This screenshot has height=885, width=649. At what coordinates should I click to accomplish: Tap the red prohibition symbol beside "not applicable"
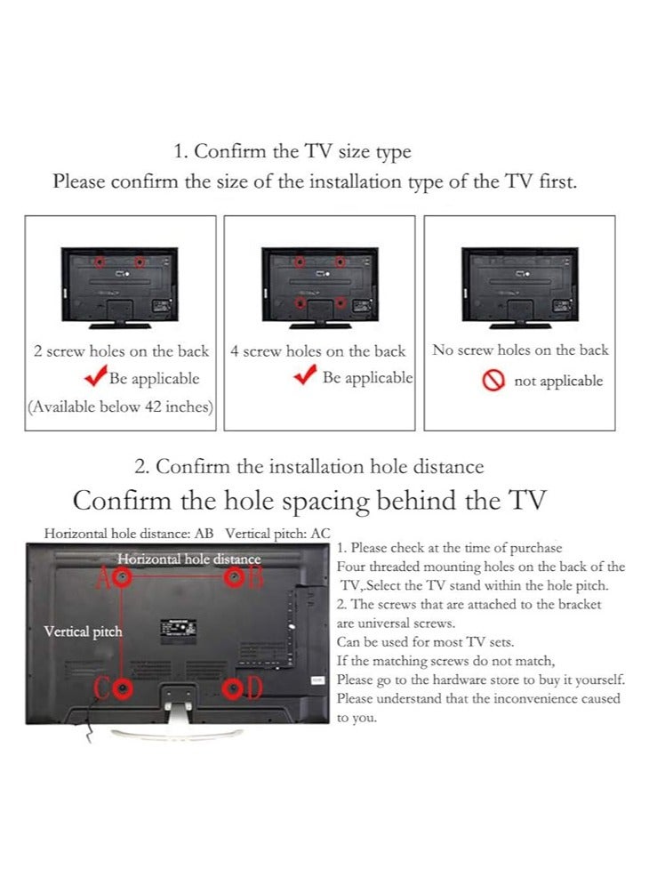coord(494,382)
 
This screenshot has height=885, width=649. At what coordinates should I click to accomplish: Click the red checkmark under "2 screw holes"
coord(95,378)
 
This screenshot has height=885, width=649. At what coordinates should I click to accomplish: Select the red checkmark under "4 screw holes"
coord(305,376)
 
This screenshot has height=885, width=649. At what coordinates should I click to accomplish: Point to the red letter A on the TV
coord(104,578)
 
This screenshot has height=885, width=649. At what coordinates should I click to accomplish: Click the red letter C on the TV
coord(104,688)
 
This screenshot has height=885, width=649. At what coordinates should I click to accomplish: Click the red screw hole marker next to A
coord(124,578)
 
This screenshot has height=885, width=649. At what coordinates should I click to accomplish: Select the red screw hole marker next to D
coord(233,688)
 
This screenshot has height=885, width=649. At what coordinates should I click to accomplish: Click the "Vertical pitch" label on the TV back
coord(83,632)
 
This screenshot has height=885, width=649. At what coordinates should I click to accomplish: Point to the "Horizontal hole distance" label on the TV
coord(188,559)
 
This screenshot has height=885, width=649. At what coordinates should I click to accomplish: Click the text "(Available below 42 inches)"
coord(120,406)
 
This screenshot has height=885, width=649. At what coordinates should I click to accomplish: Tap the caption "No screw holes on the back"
coord(520,350)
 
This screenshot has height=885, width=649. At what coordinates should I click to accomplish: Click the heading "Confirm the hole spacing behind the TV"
coord(309,501)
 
